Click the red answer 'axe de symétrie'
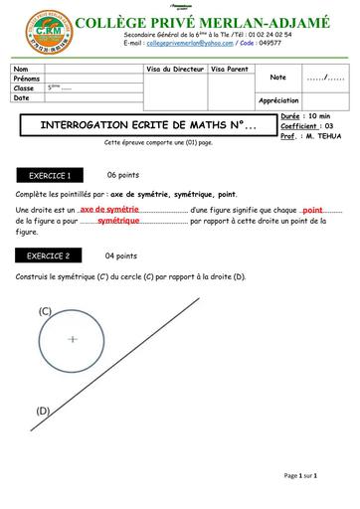click(x=109, y=211)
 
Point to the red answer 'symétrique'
click(x=118, y=221)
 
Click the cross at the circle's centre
click(x=73, y=339)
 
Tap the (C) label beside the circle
click(x=46, y=311)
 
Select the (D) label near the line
click(x=43, y=410)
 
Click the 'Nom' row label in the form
click(x=21, y=69)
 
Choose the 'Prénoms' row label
click(x=27, y=79)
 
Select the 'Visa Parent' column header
click(x=229, y=69)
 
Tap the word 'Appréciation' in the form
click(x=278, y=100)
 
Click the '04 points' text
click(x=121, y=255)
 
